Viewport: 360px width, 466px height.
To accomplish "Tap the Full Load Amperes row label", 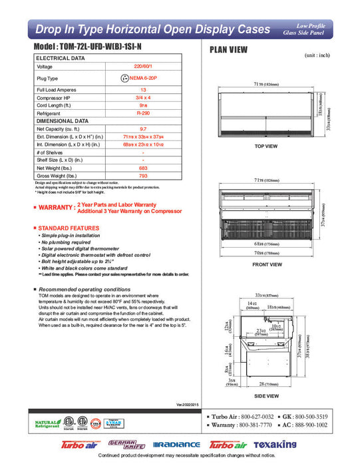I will [55, 89].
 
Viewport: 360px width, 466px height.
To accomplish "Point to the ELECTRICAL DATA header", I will [61, 59].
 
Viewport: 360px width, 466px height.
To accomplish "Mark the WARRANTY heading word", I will [55, 208].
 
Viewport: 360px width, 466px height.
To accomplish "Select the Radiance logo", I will [176, 445].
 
